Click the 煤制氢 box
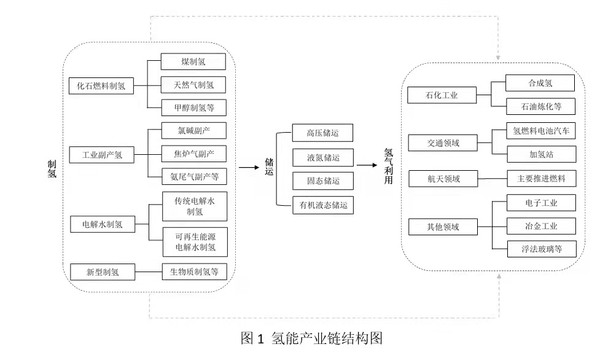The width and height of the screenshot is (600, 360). (193, 61)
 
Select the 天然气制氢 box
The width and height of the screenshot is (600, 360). (193, 84)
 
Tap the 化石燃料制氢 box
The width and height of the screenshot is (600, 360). (101, 87)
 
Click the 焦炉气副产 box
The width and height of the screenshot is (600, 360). (193, 153)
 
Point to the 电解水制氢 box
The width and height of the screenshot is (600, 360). (102, 224)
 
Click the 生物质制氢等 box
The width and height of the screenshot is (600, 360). (194, 271)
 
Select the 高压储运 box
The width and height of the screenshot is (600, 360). (322, 133)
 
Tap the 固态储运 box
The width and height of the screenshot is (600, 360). (323, 181)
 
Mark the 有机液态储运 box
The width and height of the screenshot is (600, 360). (323, 205)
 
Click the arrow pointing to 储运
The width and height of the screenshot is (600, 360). (249, 166)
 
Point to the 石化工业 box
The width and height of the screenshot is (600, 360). (442, 95)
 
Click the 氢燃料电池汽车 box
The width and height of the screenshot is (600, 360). (541, 131)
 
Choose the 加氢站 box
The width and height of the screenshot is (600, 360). (541, 154)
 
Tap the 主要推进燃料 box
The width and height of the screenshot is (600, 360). (541, 179)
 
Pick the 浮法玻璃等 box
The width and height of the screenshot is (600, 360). (541, 248)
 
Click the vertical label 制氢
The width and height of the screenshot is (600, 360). (52, 168)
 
